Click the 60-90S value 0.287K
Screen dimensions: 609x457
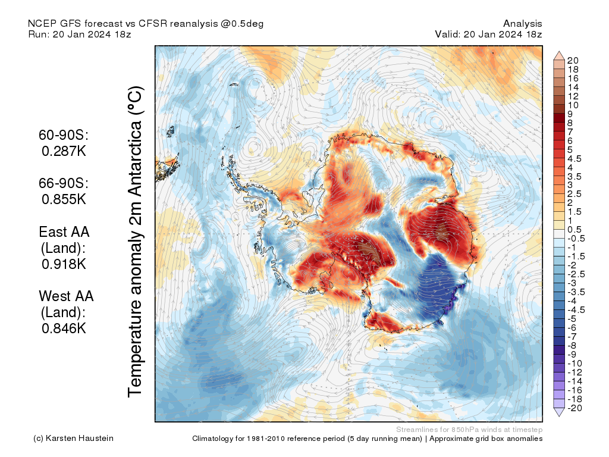tap(64, 151)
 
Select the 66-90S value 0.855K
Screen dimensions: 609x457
tap(64, 199)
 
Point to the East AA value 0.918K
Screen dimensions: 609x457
tap(64, 264)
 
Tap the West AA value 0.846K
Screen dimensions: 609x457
tap(64, 328)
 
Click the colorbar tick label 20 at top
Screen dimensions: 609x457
tap(573, 61)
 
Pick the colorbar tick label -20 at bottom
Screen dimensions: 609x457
tap(575, 408)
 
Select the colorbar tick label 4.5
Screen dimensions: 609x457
tap(575, 159)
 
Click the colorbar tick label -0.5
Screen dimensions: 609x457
tap(576, 239)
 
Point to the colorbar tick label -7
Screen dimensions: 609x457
tap(572, 337)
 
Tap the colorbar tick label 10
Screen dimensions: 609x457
tap(573, 105)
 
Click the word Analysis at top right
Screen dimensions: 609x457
tap(522, 24)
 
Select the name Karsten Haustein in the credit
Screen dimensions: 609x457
tap(80, 439)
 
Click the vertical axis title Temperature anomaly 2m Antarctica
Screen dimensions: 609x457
tap(136, 242)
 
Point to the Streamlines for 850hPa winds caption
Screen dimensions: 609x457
tap(469, 430)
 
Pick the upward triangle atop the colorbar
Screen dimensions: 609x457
tap(559, 55)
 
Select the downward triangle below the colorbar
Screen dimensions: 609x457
tap(559, 413)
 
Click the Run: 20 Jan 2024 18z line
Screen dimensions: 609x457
tap(80, 34)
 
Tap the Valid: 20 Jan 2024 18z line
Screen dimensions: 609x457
tap(488, 34)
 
